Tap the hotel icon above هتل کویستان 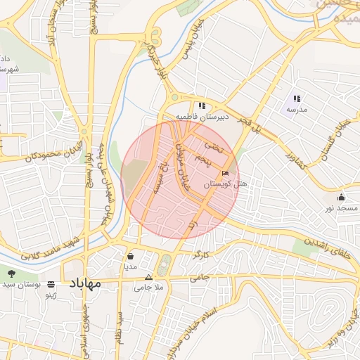point(225,174)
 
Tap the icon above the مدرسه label point(297,99)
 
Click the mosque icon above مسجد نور point(342,197)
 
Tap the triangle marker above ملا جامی point(148,277)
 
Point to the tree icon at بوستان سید point(11,273)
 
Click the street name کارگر point(202,253)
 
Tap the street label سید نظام point(120,325)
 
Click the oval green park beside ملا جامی point(165,265)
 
